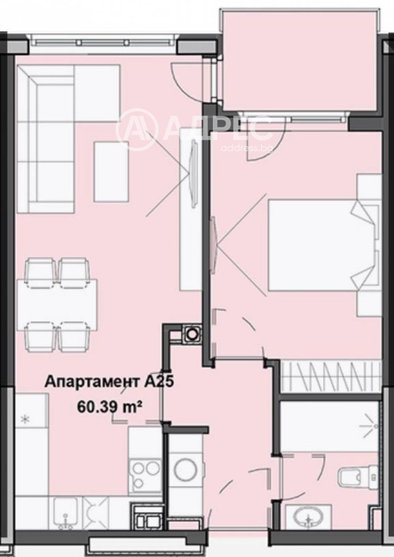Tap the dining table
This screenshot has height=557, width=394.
(57, 305)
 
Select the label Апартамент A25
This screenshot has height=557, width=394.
(110, 382)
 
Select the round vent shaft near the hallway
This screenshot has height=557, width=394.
(191, 334)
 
